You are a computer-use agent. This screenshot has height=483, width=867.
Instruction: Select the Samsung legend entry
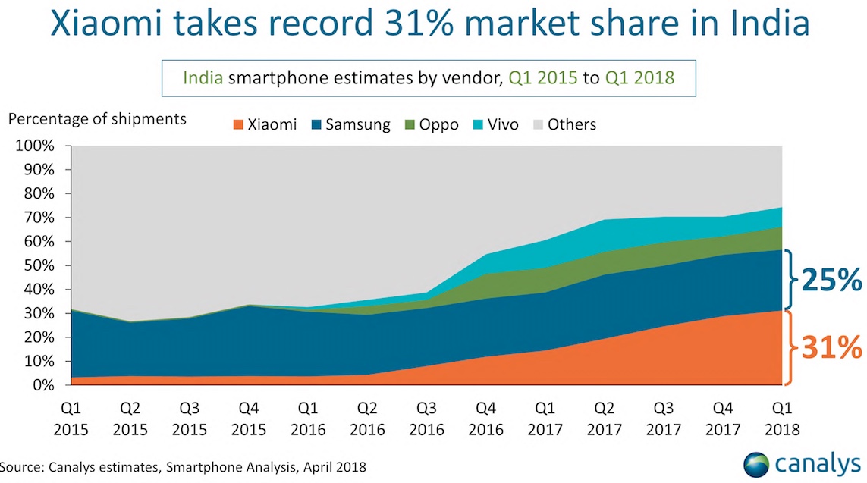(350, 124)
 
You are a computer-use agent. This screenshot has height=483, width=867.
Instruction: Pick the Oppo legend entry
(433, 124)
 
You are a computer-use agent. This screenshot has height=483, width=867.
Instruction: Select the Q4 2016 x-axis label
(486, 419)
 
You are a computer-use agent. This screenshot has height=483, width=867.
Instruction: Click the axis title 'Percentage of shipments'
(96, 119)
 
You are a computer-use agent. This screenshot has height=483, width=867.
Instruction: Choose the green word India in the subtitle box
(203, 77)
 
